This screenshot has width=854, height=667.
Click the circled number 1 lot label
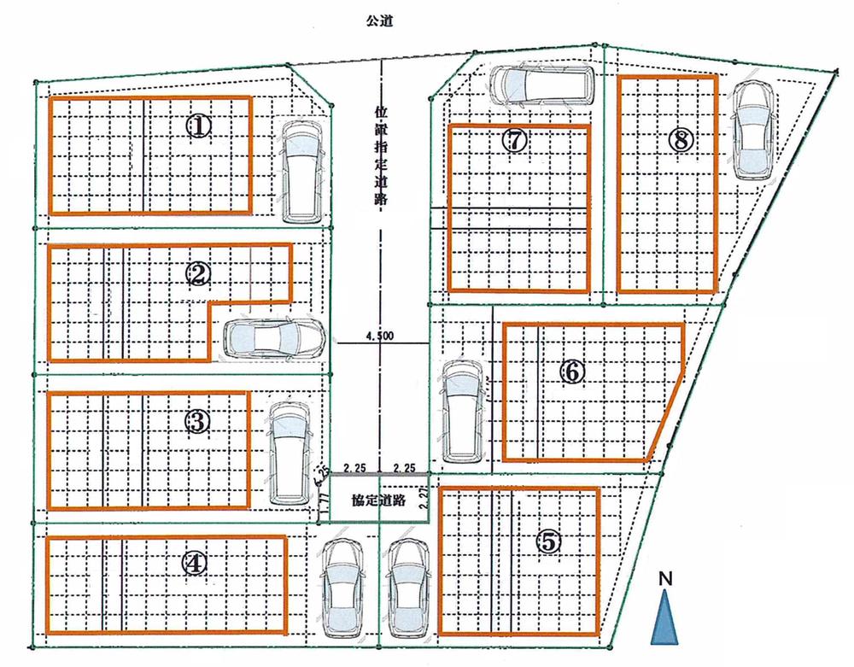click(198, 127)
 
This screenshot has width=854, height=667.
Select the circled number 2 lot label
click(198, 273)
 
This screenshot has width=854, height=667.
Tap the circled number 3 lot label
click(196, 420)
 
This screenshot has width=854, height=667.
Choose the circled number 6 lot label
click(573, 371)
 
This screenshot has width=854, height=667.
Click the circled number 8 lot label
click(680, 140)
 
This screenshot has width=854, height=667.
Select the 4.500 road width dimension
click(379, 336)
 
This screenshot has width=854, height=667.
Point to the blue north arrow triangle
click(666, 618)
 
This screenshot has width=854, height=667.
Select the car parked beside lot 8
click(753, 130)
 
